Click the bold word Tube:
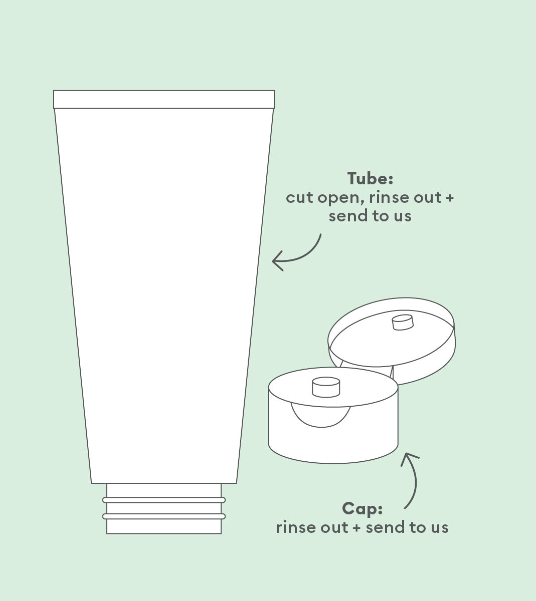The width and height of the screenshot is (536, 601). [370, 179]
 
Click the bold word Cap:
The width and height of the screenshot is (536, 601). [363, 509]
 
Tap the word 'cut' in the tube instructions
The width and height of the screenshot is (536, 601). [299, 197]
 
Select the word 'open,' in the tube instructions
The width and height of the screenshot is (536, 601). [341, 199]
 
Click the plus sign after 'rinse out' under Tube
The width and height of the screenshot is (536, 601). [450, 198]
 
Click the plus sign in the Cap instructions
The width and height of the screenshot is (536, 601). [357, 528]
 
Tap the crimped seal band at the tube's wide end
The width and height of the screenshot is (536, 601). [164, 99]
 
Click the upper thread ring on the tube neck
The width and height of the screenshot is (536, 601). [164, 500]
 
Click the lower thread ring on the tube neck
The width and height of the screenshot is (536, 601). [164, 516]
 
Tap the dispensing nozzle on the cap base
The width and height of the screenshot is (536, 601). [326, 387]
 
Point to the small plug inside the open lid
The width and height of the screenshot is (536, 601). [403, 322]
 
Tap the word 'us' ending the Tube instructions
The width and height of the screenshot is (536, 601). [403, 216]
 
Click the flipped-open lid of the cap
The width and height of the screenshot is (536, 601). [392, 341]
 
